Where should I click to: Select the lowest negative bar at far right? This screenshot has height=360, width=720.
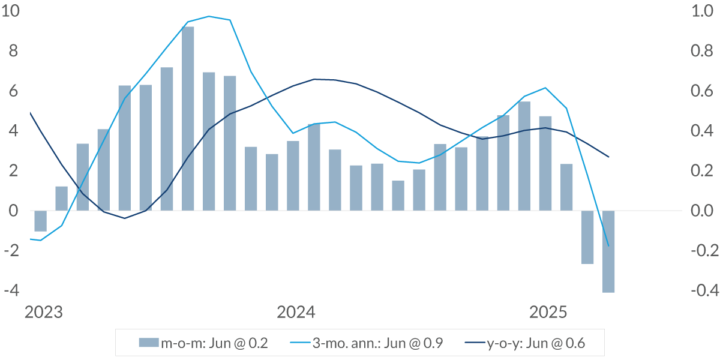[x=608, y=251]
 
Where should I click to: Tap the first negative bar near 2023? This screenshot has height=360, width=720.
[x=40, y=221]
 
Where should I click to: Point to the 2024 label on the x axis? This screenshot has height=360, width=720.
[x=296, y=313]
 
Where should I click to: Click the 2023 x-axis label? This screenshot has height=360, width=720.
[x=43, y=313]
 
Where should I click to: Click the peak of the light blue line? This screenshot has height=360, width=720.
[x=209, y=16]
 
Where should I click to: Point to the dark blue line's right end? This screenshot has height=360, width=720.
[x=608, y=157]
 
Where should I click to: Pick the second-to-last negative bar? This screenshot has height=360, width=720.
[x=587, y=237]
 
